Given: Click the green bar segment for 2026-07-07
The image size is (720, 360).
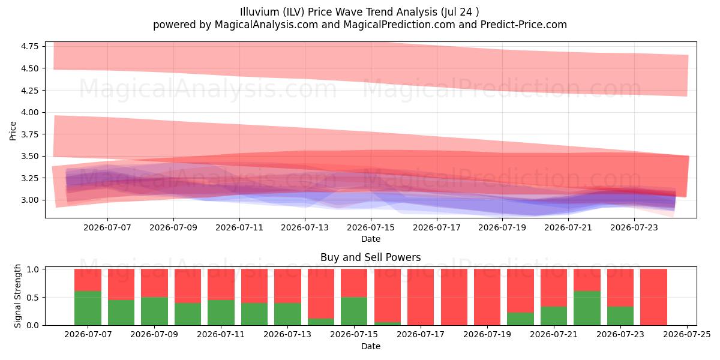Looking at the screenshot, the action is [88, 308].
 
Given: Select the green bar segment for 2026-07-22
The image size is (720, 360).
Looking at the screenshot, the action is [587, 308].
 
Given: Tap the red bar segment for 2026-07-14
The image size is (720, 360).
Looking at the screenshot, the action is [321, 294].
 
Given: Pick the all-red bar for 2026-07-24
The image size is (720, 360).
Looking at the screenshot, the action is [653, 297].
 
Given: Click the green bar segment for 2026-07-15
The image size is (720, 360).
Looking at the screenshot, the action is [354, 311].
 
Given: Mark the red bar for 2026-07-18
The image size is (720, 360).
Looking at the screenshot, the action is [454, 297].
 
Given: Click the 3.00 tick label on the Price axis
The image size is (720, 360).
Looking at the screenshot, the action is [29, 200].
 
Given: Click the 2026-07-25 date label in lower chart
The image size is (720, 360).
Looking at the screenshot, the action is [687, 335].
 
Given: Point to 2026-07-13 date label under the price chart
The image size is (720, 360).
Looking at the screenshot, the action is [305, 227].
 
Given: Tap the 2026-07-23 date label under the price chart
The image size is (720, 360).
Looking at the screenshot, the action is [634, 227].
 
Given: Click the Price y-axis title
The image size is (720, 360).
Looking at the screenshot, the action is [13, 131].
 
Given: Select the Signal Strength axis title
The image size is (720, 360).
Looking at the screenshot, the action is [17, 296].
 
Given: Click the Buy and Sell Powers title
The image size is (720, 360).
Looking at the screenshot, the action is [371, 257].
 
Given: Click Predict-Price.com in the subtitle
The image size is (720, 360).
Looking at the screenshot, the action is [524, 25].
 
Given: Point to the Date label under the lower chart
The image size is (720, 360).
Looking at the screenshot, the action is [371, 346].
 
